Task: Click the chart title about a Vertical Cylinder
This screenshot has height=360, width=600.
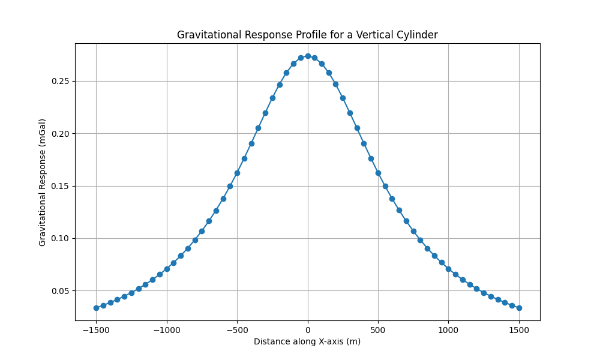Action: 307,35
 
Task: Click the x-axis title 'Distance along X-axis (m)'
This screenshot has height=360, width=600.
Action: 307,341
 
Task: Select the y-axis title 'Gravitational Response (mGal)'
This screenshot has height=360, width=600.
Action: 43,182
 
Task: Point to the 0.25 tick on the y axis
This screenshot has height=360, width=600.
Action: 59,81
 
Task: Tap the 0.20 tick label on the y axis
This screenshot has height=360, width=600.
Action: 59,133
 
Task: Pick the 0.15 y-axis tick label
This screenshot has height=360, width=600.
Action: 59,186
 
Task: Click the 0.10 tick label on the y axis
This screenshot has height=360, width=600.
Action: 59,238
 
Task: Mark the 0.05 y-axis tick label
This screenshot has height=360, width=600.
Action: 59,291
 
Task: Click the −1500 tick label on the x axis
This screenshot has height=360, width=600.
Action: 96,329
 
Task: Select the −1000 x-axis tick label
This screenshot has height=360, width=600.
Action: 166,329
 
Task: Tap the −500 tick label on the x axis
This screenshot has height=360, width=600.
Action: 237,329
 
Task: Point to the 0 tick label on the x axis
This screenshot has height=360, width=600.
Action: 308,329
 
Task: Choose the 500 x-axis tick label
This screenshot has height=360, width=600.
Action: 378,329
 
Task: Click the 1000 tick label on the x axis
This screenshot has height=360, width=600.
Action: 448,329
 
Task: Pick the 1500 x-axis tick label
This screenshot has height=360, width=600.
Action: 519,329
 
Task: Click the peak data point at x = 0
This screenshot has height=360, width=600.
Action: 308,56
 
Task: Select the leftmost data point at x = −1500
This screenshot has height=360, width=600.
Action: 96,308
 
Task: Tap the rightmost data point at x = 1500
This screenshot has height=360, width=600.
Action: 519,308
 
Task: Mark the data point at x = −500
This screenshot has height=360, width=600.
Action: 237,173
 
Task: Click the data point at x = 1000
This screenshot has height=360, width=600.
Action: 448,269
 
